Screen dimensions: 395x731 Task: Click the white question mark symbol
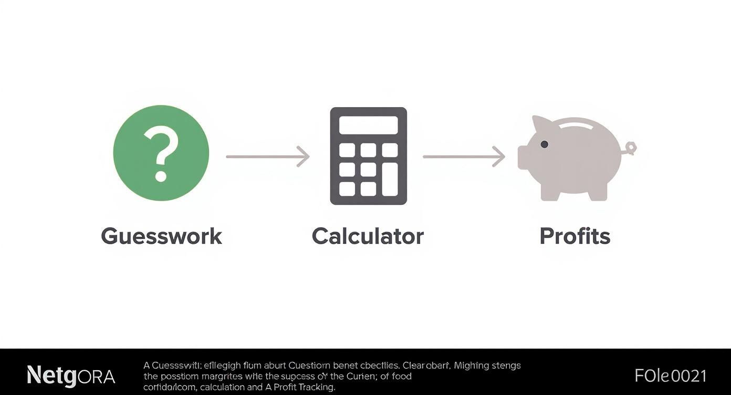tap(161, 155)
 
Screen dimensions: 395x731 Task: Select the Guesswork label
tap(161, 236)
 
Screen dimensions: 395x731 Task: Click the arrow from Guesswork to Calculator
tap(268, 157)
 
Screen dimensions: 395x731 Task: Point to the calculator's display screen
tap(368, 125)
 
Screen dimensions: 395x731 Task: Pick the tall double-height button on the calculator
tap(390, 179)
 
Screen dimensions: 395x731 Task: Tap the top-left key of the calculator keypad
tap(347, 150)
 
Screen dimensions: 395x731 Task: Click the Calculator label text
tap(368, 236)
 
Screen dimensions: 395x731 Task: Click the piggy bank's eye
tap(544, 144)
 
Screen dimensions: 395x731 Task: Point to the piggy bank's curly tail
tap(629, 149)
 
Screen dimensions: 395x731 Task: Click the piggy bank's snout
tap(524, 158)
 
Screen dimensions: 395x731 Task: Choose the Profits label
tap(575, 236)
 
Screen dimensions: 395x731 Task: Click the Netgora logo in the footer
tap(71, 376)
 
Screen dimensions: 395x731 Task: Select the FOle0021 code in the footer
tap(670, 376)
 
